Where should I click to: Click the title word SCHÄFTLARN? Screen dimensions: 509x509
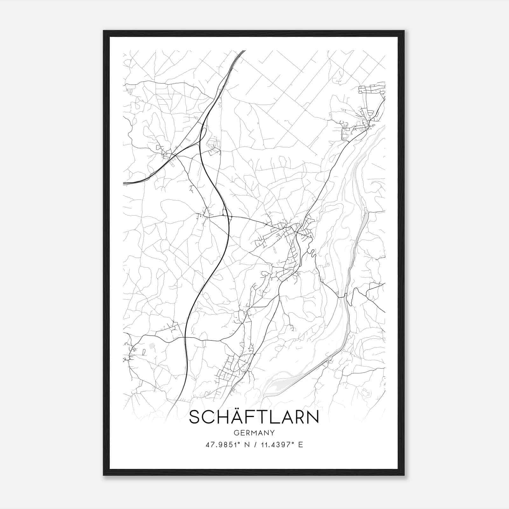point(254,417)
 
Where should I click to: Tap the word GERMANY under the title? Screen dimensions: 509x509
point(254,433)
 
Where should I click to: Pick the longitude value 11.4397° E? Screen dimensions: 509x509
point(281,445)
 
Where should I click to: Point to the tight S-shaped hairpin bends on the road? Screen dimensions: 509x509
point(312,253)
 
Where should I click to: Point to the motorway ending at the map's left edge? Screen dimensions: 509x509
point(125,184)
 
